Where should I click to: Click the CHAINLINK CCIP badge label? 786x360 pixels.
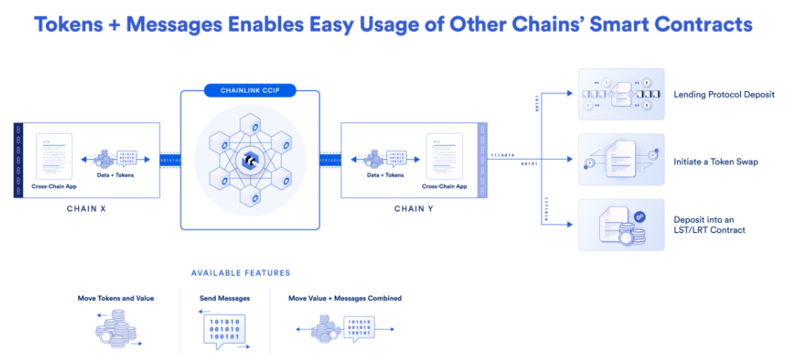[249, 89]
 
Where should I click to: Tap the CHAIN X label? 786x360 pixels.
[86, 208]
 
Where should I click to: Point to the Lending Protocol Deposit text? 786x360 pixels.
[724, 94]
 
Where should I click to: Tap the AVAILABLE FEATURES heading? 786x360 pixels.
[240, 272]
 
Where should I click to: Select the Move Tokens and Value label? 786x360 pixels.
[116, 298]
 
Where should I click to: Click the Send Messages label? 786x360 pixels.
[225, 298]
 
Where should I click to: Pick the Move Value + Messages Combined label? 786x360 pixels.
[345, 298]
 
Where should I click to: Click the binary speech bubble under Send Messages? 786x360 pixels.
[225, 329]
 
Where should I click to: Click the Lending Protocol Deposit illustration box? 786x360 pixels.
[621, 94]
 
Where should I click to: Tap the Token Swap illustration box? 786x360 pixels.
[621, 160]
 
